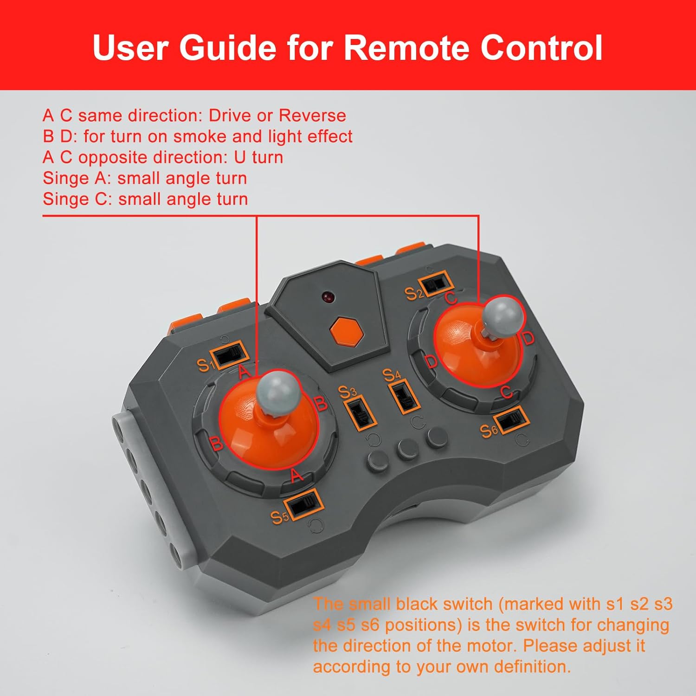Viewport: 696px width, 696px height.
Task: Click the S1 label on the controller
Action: click(205, 365)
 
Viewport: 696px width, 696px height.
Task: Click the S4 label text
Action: click(391, 374)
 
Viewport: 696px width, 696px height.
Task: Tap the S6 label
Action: click(489, 431)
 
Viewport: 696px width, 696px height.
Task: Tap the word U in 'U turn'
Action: click(240, 157)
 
